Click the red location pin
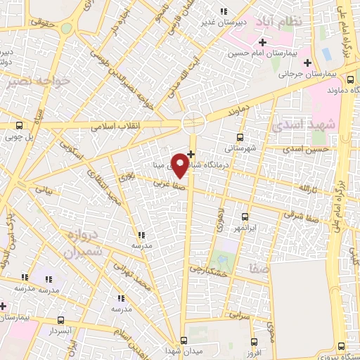[x=181, y=165]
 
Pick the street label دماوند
[x=240, y=112]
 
